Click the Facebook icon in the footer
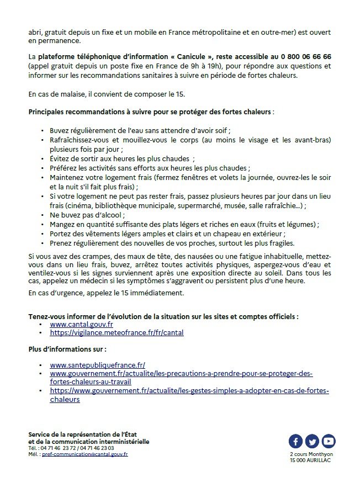(x=296, y=441)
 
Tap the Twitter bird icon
(x=313, y=441)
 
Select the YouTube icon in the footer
(x=329, y=441)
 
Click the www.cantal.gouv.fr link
(x=81, y=325)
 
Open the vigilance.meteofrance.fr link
(x=117, y=333)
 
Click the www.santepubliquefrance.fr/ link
(x=97, y=365)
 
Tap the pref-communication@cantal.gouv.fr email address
(x=85, y=454)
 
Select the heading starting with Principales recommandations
(x=150, y=112)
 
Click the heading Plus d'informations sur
(x=67, y=349)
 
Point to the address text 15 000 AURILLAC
(x=313, y=459)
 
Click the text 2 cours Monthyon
(x=313, y=453)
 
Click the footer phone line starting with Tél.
(x=71, y=448)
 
